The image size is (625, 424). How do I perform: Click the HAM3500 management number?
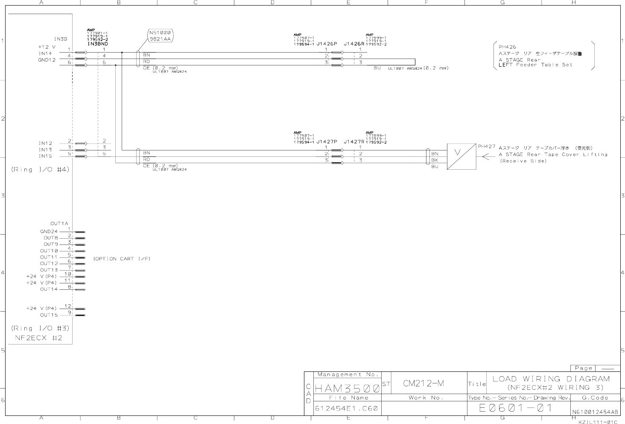click(x=347, y=389)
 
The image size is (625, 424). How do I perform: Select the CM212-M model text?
click(x=423, y=383)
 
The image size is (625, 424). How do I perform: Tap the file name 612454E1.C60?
click(x=346, y=408)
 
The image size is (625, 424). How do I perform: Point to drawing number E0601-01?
click(x=516, y=408)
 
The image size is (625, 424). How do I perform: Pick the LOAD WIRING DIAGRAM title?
click(x=551, y=379)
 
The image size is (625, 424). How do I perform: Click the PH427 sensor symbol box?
click(x=461, y=156)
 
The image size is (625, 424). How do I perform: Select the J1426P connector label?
click(x=327, y=44)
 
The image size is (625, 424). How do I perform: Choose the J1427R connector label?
click(x=354, y=142)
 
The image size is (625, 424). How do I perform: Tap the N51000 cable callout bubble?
click(x=160, y=36)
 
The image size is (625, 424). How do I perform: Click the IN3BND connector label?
click(x=98, y=44)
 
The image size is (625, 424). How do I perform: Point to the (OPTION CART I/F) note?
click(x=122, y=259)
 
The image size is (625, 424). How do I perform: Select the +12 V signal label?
click(x=47, y=47)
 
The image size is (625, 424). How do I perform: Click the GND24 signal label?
click(x=49, y=232)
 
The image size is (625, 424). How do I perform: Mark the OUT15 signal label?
click(x=49, y=315)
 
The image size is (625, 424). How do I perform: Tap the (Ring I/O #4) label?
click(x=40, y=170)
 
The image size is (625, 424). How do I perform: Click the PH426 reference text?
click(x=507, y=47)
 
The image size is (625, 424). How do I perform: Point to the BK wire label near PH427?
click(x=435, y=160)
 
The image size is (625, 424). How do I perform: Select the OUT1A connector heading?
click(x=59, y=224)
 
